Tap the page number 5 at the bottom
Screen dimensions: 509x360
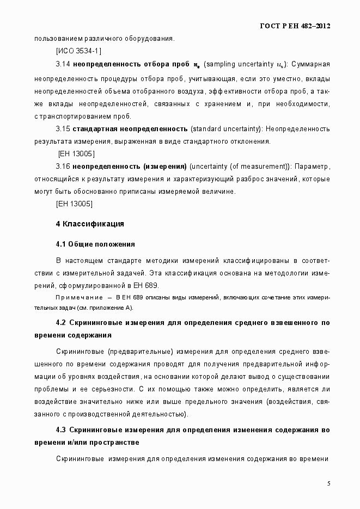[328, 483]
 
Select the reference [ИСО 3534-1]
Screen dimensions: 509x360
[78, 51]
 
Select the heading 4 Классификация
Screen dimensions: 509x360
[90, 224]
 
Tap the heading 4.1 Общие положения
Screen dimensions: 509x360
[95, 243]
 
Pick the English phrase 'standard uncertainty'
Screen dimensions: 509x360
[226, 128]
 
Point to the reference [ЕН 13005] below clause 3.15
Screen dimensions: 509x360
[76, 154]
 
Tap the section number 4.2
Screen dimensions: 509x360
[62, 323]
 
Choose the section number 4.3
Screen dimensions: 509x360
[62, 430]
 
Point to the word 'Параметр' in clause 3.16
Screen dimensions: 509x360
[314, 166]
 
